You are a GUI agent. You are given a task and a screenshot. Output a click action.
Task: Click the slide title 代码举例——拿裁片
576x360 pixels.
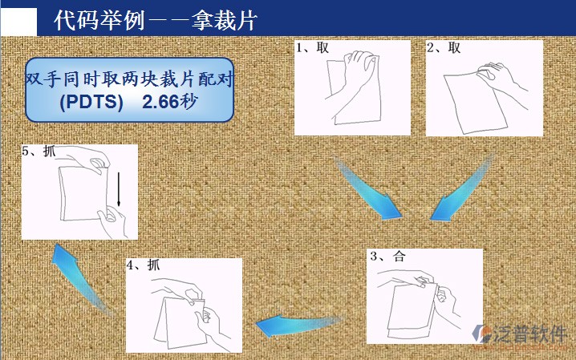pyautogui.click(x=156, y=19)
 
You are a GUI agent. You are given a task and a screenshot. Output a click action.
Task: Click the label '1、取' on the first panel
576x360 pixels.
pyautogui.click(x=313, y=48)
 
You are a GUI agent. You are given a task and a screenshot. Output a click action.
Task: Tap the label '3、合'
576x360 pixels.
pyautogui.click(x=387, y=256)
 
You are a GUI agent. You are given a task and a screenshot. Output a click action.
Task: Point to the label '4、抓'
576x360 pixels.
pyautogui.click(x=144, y=265)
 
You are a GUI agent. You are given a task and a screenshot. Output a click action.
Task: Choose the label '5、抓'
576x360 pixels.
pyautogui.click(x=39, y=151)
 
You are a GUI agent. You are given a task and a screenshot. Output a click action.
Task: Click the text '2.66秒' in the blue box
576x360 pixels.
pyautogui.click(x=170, y=102)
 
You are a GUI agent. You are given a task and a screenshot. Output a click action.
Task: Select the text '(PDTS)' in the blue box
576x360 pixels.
pyautogui.click(x=91, y=102)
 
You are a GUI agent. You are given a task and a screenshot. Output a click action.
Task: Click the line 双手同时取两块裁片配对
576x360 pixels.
pyautogui.click(x=129, y=79)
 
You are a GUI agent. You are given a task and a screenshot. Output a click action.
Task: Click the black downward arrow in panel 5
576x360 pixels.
pyautogui.click(x=119, y=189)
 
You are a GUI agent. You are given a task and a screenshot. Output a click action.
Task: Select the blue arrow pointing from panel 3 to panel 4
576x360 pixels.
pyautogui.click(x=298, y=326)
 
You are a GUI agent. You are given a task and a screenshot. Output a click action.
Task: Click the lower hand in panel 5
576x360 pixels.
pyautogui.click(x=112, y=221)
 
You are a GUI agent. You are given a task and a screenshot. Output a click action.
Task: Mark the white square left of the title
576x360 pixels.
pyautogui.click(x=18, y=22)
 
